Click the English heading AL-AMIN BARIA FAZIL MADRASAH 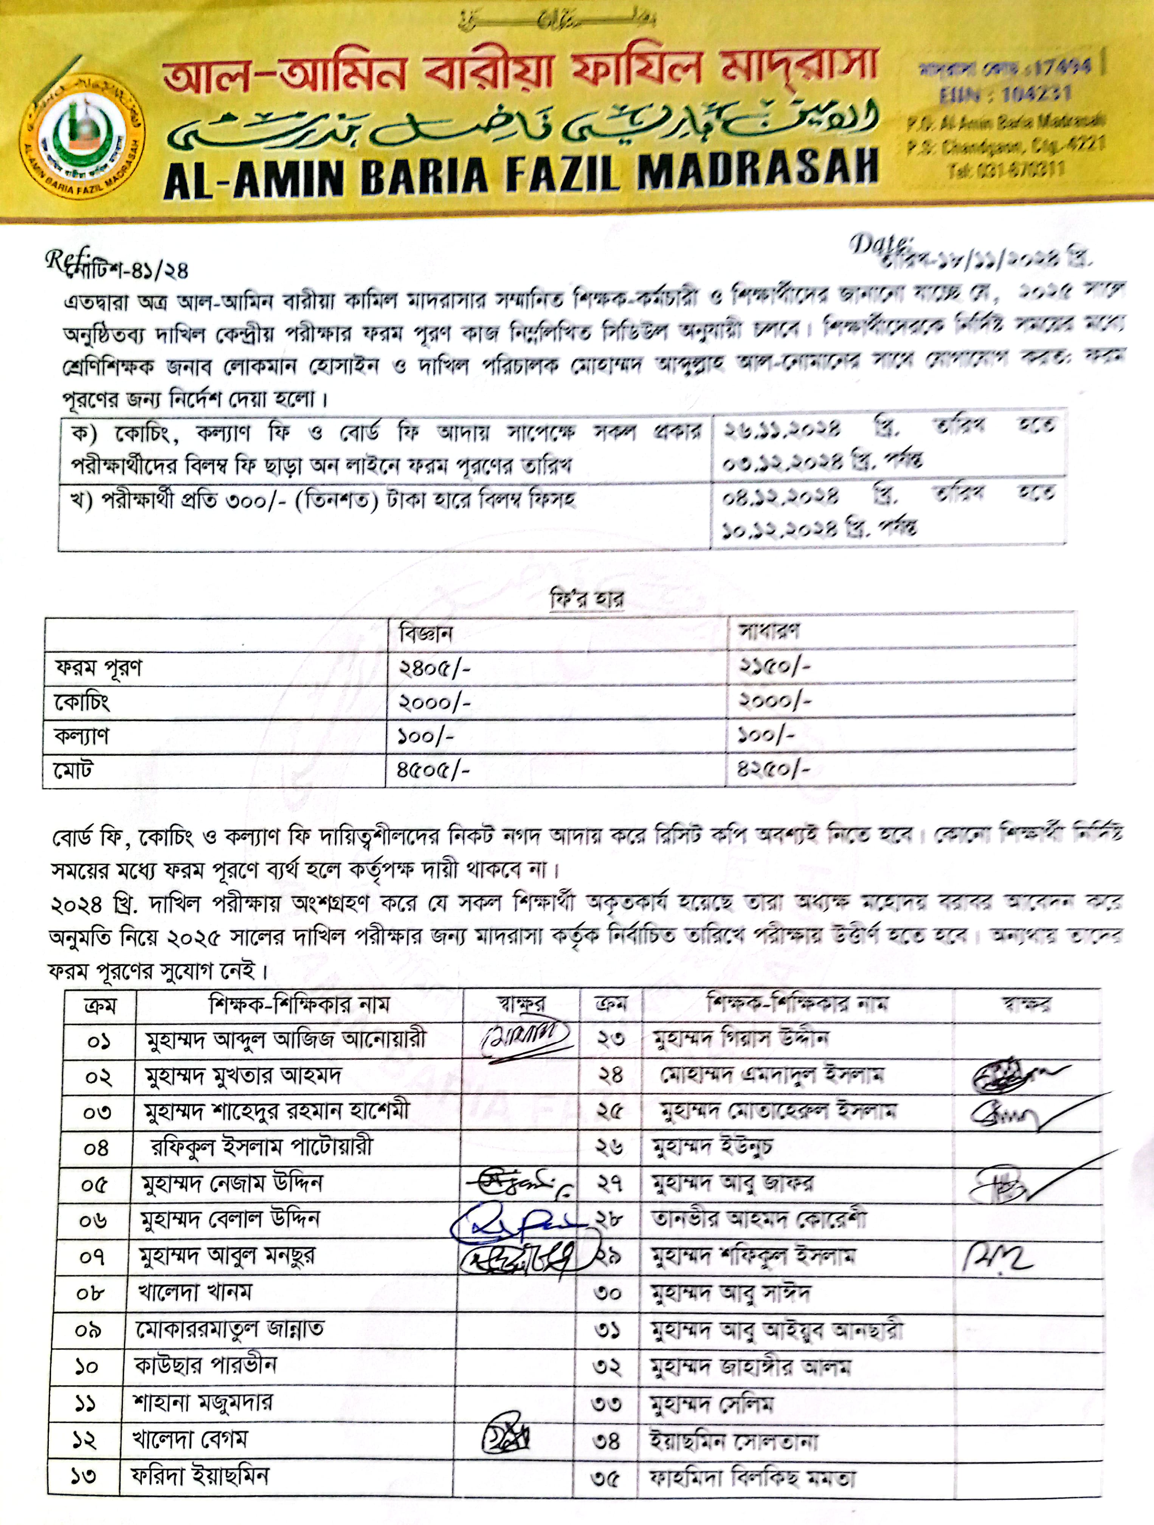(521, 175)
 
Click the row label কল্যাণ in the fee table (81, 736)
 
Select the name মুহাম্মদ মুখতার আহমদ (243, 1075)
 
